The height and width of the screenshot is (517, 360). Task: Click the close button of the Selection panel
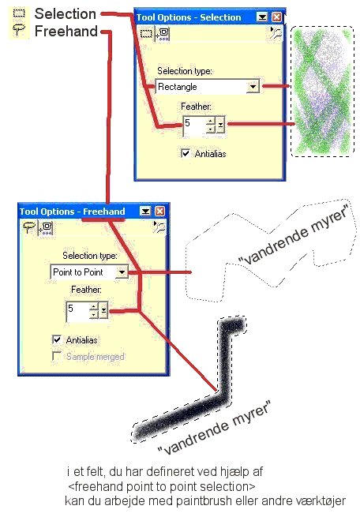point(276,17)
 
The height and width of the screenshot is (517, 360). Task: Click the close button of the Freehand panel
point(160,211)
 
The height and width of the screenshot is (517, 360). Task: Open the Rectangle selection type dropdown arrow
point(253,87)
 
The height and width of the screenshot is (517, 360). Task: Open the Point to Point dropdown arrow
point(122,272)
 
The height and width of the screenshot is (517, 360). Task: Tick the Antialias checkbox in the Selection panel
point(186,153)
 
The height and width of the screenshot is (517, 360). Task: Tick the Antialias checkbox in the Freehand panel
point(57,339)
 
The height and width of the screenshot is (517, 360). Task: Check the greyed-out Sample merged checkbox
point(57,356)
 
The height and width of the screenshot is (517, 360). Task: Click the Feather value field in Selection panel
point(194,125)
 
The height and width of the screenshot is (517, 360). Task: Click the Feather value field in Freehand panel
point(77,310)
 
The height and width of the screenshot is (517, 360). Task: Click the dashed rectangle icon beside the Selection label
point(19,13)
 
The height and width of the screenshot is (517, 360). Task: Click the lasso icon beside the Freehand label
point(19,30)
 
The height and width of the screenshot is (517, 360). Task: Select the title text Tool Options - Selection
point(189,17)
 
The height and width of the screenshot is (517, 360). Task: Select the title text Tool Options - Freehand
point(72,212)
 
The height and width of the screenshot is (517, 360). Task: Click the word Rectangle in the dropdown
point(178,87)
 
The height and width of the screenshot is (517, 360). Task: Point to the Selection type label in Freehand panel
point(90,256)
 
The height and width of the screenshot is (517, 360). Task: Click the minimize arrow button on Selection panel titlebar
point(262,17)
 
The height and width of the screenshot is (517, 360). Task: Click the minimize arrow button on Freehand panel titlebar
point(145,211)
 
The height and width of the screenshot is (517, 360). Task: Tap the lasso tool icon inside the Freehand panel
point(29,227)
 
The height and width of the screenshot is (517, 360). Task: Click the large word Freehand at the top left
point(66,32)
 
